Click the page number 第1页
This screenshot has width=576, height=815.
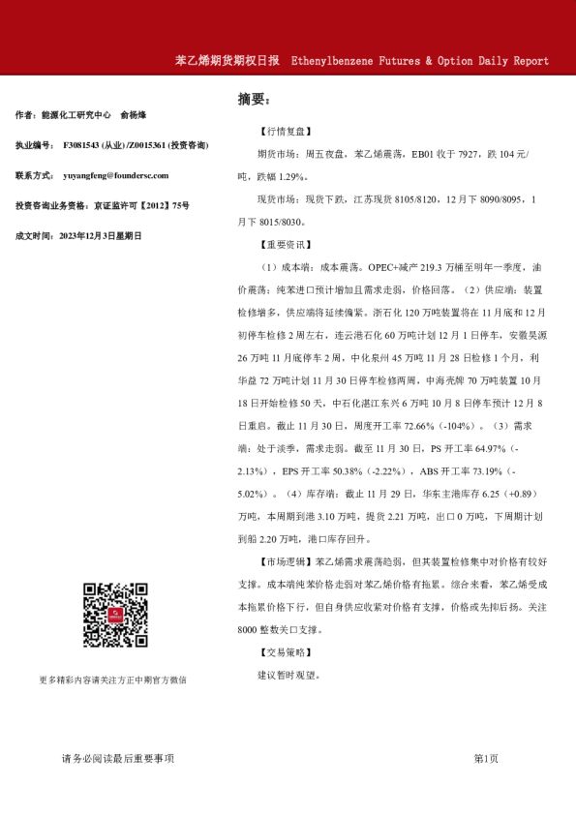486,758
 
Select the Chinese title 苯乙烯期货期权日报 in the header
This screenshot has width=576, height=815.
227,60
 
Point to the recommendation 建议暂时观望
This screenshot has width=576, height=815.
288,675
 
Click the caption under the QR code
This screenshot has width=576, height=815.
111,679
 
